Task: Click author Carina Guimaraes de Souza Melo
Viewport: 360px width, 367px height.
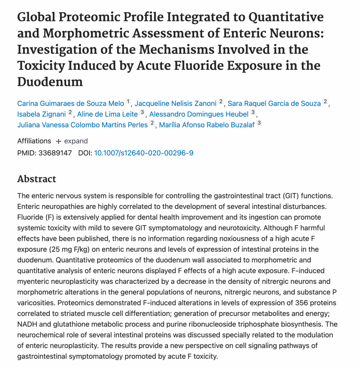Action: (x=71, y=103)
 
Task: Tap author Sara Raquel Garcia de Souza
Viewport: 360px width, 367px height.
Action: (x=274, y=103)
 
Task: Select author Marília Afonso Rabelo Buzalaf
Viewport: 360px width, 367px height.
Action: (x=206, y=125)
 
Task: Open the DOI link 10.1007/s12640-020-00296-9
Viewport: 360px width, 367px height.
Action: (x=143, y=153)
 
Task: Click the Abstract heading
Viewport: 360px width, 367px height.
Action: (x=37, y=179)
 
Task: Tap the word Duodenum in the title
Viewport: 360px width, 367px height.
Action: (x=50, y=82)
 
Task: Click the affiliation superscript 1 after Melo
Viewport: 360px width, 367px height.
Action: (x=128, y=102)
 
